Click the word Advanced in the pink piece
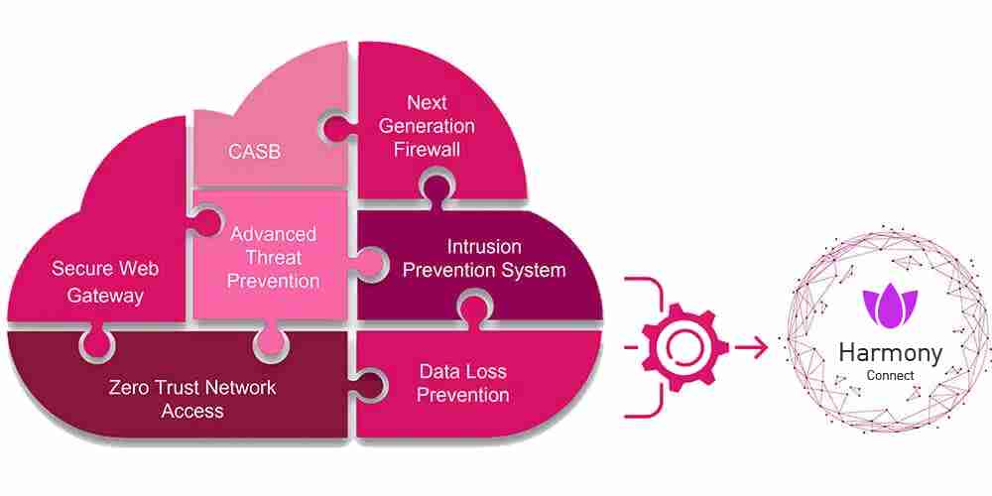click(273, 234)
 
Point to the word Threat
click(273, 257)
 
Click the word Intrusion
click(484, 246)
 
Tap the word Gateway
click(105, 295)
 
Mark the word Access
click(193, 410)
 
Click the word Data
click(437, 372)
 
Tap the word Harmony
click(890, 352)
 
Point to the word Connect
click(890, 376)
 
